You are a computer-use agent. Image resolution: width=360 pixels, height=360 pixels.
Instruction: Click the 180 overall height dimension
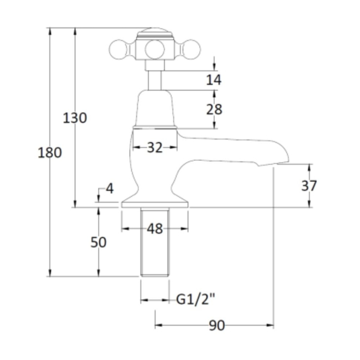coord(50,153)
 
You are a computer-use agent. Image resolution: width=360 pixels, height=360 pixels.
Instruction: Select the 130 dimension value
coord(75,118)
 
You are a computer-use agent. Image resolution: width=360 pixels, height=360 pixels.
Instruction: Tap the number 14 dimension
coord(214,80)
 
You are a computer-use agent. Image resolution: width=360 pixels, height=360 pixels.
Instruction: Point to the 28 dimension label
coord(214,109)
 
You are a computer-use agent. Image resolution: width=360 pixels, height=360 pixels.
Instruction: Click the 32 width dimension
coord(155,147)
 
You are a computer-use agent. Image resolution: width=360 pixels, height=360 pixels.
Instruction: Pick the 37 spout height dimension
coord(309,185)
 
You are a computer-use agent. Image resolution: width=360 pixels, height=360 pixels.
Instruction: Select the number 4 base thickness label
coord(110,189)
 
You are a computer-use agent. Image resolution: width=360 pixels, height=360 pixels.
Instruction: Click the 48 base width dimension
coord(155,229)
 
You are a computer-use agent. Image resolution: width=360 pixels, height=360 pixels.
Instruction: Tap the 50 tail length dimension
coord(99,242)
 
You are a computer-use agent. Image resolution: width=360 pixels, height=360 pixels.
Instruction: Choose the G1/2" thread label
coord(196,299)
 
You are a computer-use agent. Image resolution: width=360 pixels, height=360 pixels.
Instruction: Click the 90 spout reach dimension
coord(217,325)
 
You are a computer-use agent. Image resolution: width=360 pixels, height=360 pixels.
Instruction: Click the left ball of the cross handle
coord(118,50)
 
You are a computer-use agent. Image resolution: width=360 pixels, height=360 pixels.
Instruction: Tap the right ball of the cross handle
coord(191,50)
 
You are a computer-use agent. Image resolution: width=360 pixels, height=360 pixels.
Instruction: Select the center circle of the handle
coord(155,50)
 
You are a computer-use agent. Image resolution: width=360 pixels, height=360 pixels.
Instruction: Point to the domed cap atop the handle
coord(155,32)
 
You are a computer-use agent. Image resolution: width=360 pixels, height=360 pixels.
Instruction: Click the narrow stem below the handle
coord(154,80)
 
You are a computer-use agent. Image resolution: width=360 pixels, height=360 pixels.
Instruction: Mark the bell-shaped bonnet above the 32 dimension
coord(155,109)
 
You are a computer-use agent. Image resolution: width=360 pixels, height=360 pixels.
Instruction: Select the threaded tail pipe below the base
coord(155,242)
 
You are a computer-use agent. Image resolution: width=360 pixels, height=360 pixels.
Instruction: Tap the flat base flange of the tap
coord(155,205)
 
